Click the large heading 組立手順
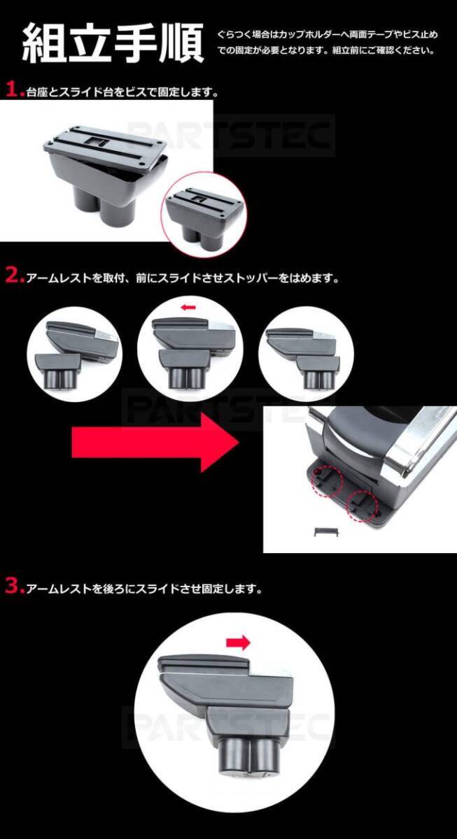pyautogui.click(x=113, y=43)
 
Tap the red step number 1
pyautogui.click(x=13, y=90)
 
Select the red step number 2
pyautogui.click(x=14, y=276)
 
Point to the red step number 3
pyautogui.click(x=14, y=587)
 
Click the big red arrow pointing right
pyautogui.click(x=155, y=443)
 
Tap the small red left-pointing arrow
pyautogui.click(x=188, y=308)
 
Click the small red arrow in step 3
pyautogui.click(x=238, y=643)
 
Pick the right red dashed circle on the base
pyautogui.click(x=362, y=506)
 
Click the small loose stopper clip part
pyautogui.click(x=326, y=532)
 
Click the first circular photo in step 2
pyautogui.click(x=75, y=354)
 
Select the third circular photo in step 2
pyautogui.click(x=306, y=354)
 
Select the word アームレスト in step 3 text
pyautogui.click(x=59, y=589)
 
